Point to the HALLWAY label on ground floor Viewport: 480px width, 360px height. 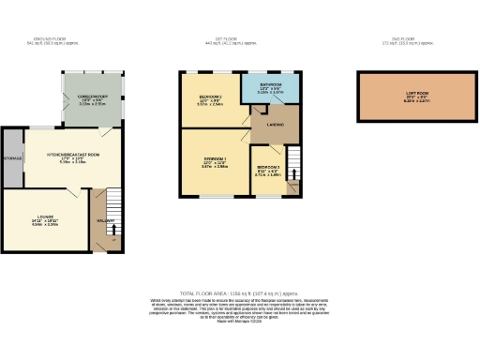tap(103, 220)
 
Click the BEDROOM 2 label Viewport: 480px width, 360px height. tap(208, 97)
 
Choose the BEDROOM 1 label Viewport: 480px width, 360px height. tap(215, 160)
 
